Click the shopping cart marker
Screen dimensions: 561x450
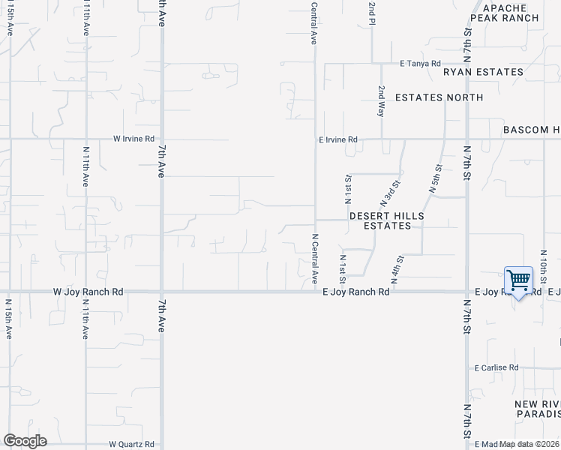(518, 281)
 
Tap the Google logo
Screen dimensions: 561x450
(25, 441)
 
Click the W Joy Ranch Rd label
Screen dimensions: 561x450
(88, 291)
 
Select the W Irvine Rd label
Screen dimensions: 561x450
(133, 139)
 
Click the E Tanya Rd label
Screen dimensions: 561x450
(421, 64)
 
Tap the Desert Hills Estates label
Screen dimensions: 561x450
(387, 220)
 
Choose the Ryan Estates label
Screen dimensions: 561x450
(483, 72)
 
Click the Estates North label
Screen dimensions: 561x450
(439, 97)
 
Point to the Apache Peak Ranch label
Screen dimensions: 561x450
(504, 12)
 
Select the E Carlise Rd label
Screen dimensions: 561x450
(496, 367)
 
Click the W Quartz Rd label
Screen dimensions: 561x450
(131, 444)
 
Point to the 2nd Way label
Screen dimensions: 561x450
(381, 100)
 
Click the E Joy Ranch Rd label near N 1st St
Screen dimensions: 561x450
(356, 292)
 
